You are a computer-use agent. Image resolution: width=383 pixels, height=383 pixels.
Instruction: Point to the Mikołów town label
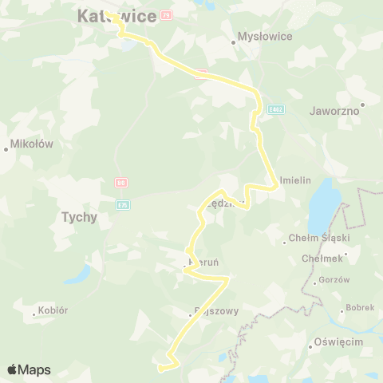coord(31,144)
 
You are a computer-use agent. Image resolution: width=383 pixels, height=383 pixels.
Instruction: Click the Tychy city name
coord(79,216)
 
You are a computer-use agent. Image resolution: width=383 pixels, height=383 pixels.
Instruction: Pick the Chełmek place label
coord(322,259)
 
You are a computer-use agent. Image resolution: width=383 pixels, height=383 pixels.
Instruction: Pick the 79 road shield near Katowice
coord(165,15)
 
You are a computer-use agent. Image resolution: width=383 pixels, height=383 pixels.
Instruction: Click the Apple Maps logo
coord(29,369)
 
